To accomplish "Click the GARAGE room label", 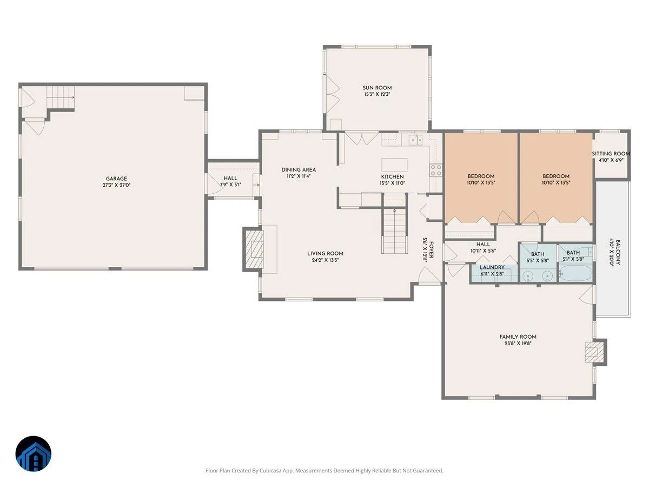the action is point(116,179).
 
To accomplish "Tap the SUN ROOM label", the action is point(377,88).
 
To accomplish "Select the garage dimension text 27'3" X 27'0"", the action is point(116,186).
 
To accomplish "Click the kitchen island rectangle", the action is point(394,164).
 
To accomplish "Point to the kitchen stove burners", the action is point(435,170).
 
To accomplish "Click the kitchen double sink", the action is point(415,140).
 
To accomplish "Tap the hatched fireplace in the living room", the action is point(253,249).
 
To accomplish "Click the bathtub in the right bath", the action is point(575,273).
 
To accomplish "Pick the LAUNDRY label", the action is point(492,267).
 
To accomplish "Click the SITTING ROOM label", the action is point(611,154).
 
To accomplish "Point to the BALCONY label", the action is point(618,252).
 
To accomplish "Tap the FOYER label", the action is point(432,250).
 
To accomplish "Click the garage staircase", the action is point(61,97).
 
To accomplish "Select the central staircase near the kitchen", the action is point(395,224).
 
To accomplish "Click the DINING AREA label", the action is point(299,170).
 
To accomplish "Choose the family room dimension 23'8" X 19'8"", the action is point(518,344).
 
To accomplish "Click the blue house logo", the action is point(34,453).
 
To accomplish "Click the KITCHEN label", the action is point(392,176).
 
